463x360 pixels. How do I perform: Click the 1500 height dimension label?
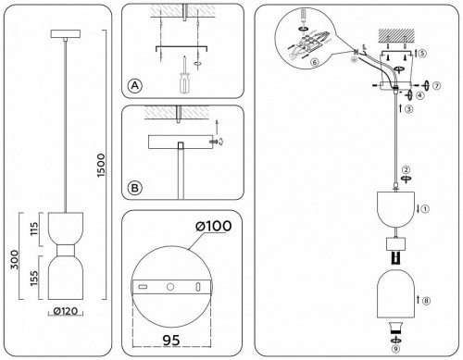[x=101, y=166]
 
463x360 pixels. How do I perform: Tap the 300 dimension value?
[x=15, y=259]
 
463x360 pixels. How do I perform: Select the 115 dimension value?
[x=34, y=229]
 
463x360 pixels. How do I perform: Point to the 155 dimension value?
[x=34, y=278]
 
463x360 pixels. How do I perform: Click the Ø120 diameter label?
[x=66, y=311]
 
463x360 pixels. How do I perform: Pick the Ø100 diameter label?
[x=214, y=226]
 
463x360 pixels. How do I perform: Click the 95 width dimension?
[x=171, y=340]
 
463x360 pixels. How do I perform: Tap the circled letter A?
[x=135, y=85]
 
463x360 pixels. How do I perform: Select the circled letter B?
[x=135, y=188]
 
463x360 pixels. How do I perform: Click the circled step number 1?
[x=425, y=209]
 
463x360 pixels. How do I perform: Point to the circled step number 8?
[x=426, y=301]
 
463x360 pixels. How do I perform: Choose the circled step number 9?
[x=395, y=349]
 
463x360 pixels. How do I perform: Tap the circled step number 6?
[x=315, y=62]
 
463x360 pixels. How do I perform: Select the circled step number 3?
[x=408, y=109]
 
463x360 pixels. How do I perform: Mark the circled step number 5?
[x=422, y=53]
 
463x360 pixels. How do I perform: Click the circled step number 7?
[x=436, y=86]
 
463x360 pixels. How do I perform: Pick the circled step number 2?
[x=406, y=169]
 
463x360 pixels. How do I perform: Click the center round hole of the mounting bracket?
[x=170, y=287]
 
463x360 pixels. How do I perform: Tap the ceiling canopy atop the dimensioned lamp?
[x=66, y=34]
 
